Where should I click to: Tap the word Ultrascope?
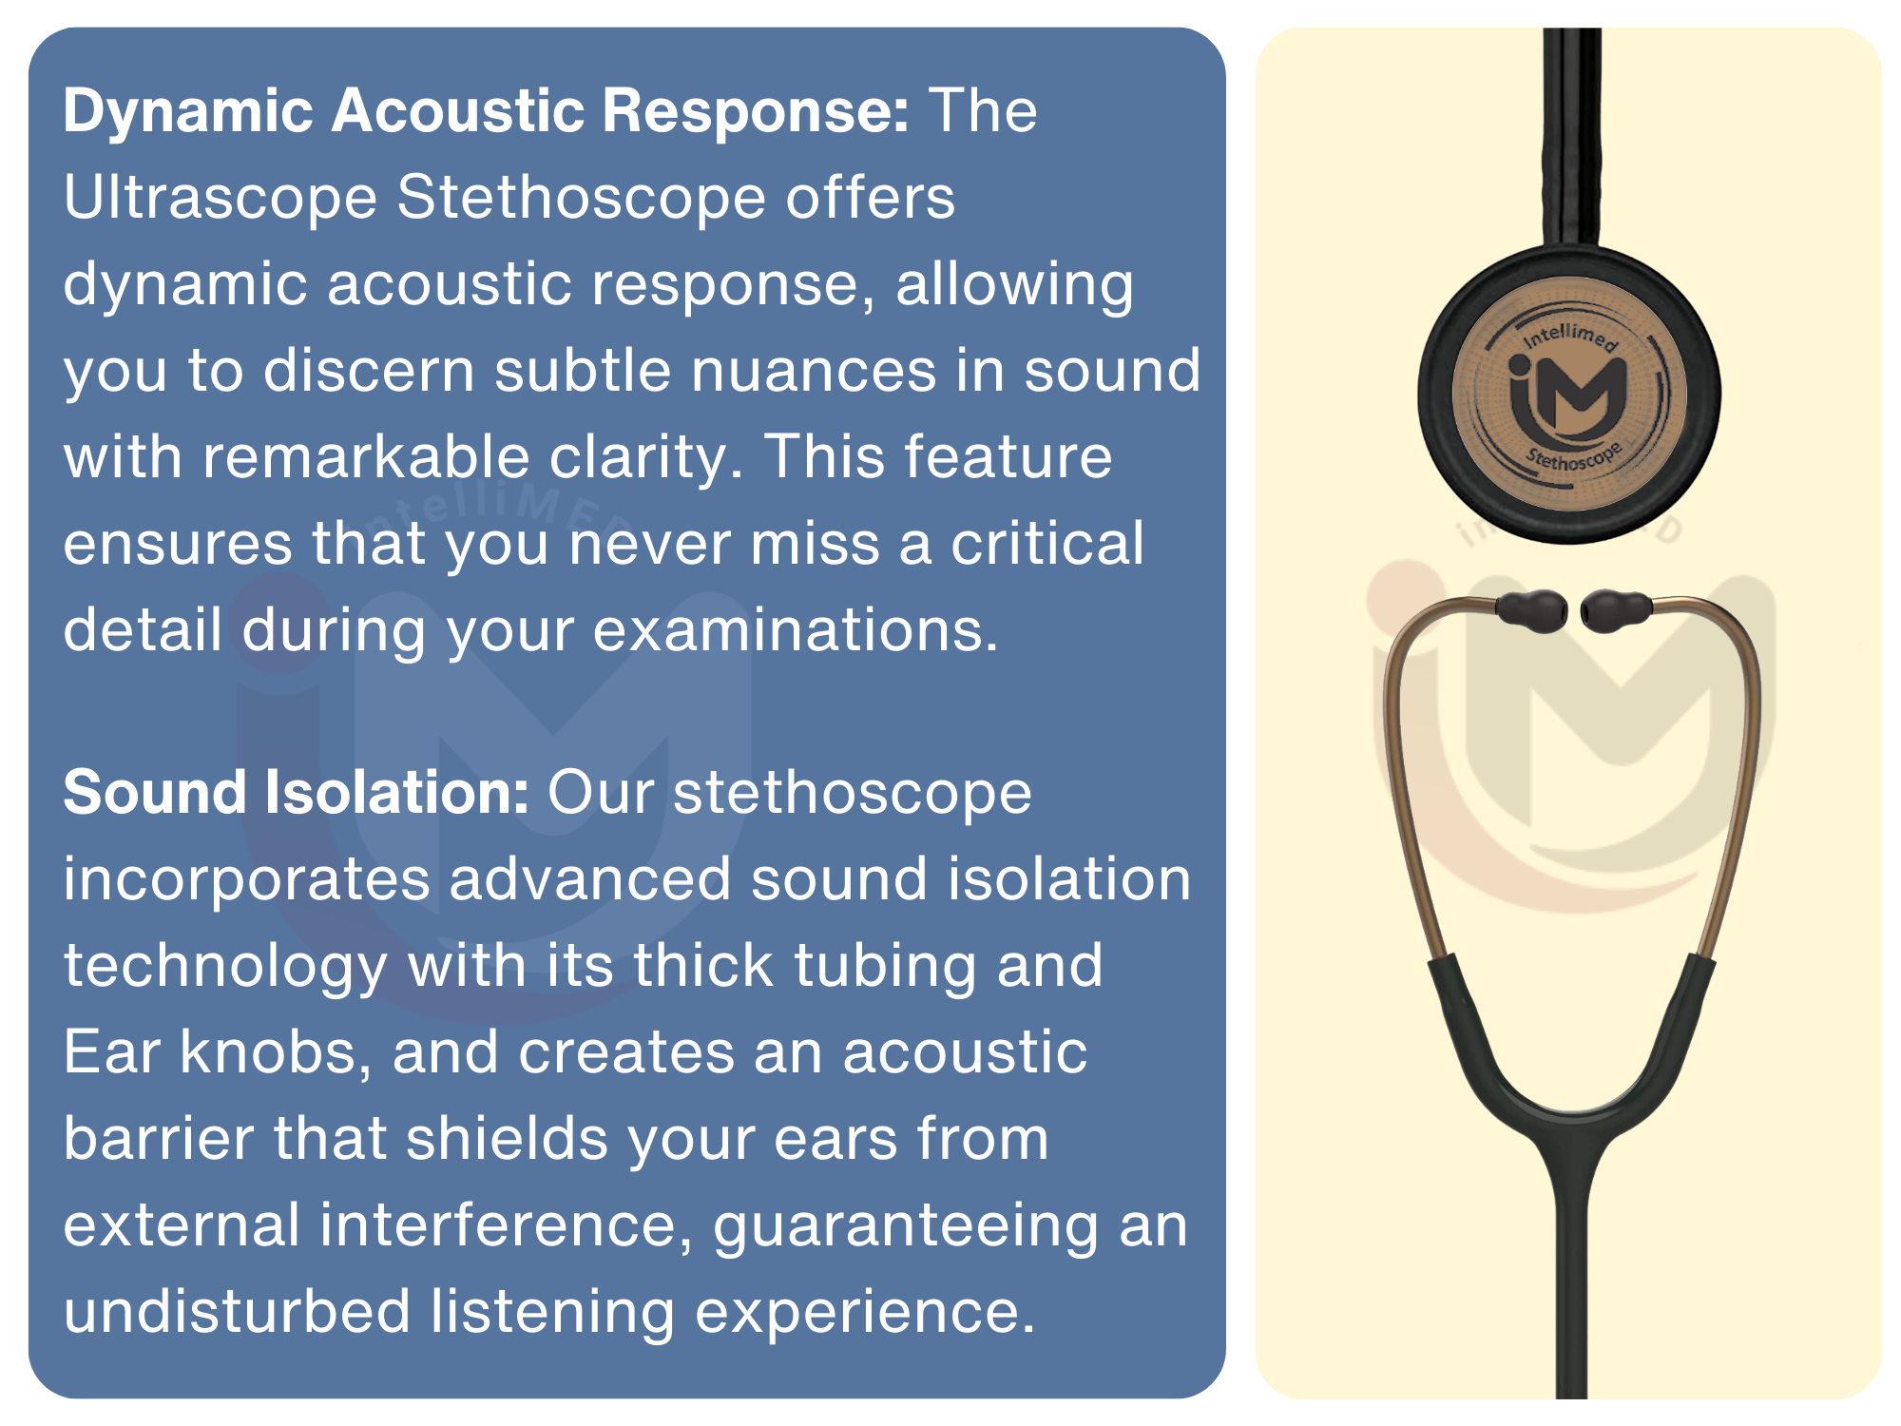point(221,200)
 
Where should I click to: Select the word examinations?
point(796,629)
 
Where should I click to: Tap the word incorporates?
point(247,881)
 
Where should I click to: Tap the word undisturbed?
point(237,1311)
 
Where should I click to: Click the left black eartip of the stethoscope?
point(1531,611)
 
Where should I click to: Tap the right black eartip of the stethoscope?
point(1617,610)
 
